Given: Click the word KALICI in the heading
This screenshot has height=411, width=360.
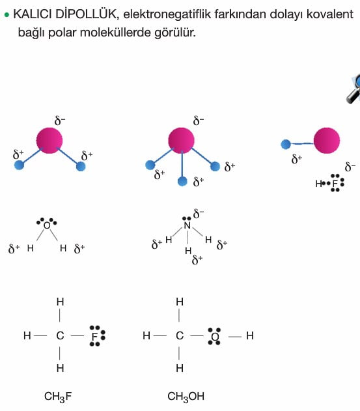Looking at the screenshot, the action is point(33,14).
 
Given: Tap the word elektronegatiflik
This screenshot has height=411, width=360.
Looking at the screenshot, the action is point(167,14).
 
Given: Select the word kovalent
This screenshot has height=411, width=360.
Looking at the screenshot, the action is point(330,14).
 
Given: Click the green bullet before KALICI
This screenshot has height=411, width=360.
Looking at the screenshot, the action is point(7,15).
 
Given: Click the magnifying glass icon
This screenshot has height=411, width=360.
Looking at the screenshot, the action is point(353,89).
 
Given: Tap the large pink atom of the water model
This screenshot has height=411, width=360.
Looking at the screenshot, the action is point(49,140).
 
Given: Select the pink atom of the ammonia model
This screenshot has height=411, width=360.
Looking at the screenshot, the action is point(182,141).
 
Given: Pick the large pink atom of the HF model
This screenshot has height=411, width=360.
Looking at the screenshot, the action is point(327,141).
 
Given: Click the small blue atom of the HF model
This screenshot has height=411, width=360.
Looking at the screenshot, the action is point(286,144).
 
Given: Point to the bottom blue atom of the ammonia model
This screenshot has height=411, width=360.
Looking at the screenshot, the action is point(182,181).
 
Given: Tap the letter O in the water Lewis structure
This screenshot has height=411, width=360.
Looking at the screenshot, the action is point(47,225).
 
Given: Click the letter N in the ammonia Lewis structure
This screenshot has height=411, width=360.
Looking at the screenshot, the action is point(187,225).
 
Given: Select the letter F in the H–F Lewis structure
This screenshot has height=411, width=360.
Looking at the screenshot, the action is point(335,184).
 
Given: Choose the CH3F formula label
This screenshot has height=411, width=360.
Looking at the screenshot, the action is point(58,397).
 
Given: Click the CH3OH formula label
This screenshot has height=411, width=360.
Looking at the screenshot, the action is point(186,397).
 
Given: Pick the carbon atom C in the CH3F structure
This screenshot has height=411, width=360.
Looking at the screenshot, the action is point(61,335).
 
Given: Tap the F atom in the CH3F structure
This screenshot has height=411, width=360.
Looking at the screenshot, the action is point(94,336).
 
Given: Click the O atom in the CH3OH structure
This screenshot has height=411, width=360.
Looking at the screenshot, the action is point(215,336).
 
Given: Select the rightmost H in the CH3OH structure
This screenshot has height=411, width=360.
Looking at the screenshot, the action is point(250,335).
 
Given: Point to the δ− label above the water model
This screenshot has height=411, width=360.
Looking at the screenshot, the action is point(60,121).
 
